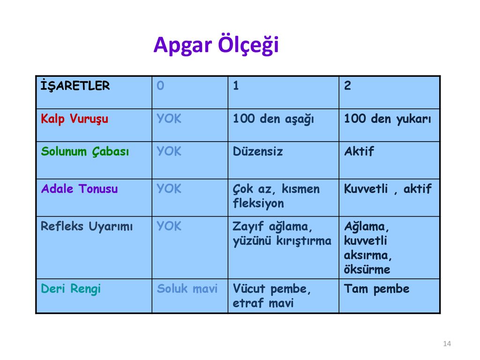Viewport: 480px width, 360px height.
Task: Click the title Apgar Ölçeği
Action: point(216,45)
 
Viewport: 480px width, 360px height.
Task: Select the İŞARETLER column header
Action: point(75,85)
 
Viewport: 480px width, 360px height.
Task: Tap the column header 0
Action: point(160,85)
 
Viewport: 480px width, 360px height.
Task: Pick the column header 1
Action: point(236,85)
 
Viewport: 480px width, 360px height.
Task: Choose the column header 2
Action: point(347,85)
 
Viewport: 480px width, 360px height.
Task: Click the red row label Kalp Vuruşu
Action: point(75,119)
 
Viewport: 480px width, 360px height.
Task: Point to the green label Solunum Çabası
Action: point(85,151)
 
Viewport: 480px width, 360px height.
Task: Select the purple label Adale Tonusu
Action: point(79,188)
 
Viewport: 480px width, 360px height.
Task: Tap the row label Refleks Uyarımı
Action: point(87,226)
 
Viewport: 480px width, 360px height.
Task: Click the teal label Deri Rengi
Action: point(71,289)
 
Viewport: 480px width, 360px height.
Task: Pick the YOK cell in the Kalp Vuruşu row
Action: point(169,119)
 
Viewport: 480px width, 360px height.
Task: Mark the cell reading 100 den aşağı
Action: point(273,119)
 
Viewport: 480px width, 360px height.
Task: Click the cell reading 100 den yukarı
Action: point(388,119)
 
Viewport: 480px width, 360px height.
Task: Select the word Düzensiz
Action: point(258,151)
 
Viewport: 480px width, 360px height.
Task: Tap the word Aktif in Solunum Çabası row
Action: point(359,151)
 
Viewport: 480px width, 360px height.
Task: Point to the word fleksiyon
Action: point(258,203)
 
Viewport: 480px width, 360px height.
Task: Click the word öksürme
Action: point(367,270)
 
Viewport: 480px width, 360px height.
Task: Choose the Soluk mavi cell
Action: point(187,289)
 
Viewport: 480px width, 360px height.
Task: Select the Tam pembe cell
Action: point(376,289)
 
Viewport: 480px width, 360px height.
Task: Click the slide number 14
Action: point(447,344)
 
